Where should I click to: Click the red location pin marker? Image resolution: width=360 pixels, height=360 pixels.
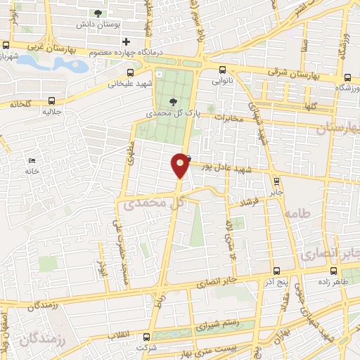tap(180, 165)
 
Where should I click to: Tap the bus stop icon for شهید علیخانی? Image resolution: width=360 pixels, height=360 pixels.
tap(130, 72)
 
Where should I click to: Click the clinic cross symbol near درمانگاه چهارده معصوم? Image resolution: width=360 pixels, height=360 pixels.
tap(125, 41)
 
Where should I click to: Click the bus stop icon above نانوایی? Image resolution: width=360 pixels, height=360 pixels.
tap(222, 70)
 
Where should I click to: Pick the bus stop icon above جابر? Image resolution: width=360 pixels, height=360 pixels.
tap(276, 179)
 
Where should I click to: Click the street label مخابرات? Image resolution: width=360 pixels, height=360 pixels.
tap(228, 117)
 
